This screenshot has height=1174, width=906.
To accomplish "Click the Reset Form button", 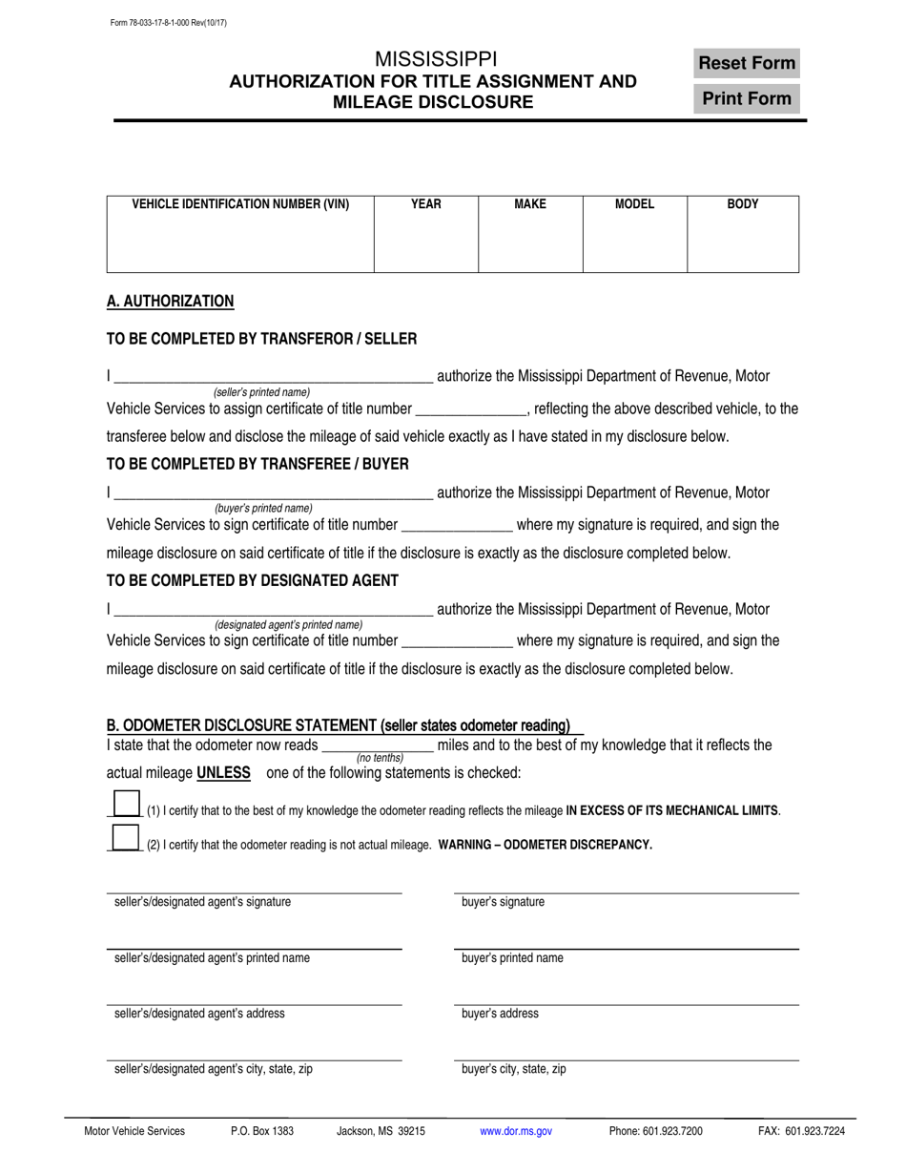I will pyautogui.click(x=746, y=63).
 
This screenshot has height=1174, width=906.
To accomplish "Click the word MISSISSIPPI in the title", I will pyautogui.click(x=435, y=59).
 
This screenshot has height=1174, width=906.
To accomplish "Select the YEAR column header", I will pyautogui.click(x=425, y=204).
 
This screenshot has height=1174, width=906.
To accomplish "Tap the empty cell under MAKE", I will pyautogui.click(x=529, y=243).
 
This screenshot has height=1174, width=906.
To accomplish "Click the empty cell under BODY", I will pyautogui.click(x=742, y=243).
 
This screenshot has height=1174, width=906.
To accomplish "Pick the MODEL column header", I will pyautogui.click(x=634, y=204).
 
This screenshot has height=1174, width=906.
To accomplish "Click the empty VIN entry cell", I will pyautogui.click(x=239, y=243).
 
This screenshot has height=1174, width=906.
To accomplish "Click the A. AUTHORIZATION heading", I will pyautogui.click(x=170, y=302).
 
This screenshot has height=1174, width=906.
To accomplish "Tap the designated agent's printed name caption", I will pyautogui.click(x=288, y=624).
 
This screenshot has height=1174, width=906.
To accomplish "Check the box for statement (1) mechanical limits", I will pyautogui.click(x=127, y=804).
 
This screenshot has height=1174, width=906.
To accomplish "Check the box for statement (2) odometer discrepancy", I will pyautogui.click(x=127, y=838).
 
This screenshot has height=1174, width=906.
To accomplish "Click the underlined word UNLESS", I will pyautogui.click(x=223, y=773).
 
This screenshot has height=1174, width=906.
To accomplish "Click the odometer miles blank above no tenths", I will pyautogui.click(x=379, y=745).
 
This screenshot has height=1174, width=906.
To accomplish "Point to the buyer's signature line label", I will pyautogui.click(x=503, y=902).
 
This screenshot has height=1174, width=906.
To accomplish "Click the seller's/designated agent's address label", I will pyautogui.click(x=199, y=1014).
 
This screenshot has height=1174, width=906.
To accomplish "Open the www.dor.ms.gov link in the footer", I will pyautogui.click(x=515, y=1131).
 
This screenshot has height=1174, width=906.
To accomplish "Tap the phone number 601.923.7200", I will pyautogui.click(x=655, y=1131).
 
